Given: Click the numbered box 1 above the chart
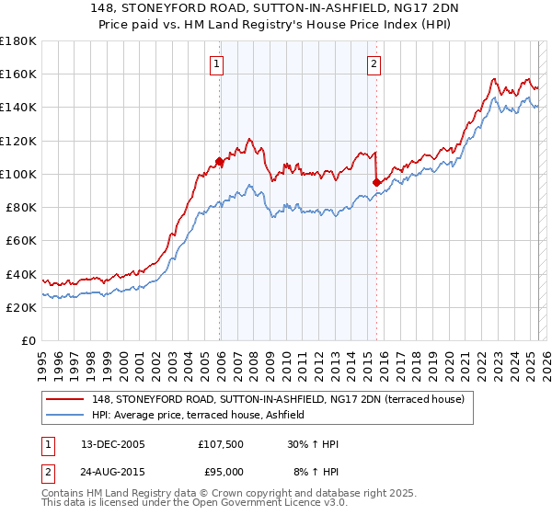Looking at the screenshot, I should tap(216, 63).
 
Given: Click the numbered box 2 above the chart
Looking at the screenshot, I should tap(374, 63).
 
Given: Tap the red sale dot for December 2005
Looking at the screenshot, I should tap(219, 162).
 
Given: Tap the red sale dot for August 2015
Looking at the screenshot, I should tap(376, 182).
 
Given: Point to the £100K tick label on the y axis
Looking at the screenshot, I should tap(18, 174).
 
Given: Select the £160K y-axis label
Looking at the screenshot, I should tap(18, 74).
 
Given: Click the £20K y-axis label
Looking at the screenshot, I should tap(22, 307).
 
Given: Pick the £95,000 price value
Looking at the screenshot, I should tap(224, 472).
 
